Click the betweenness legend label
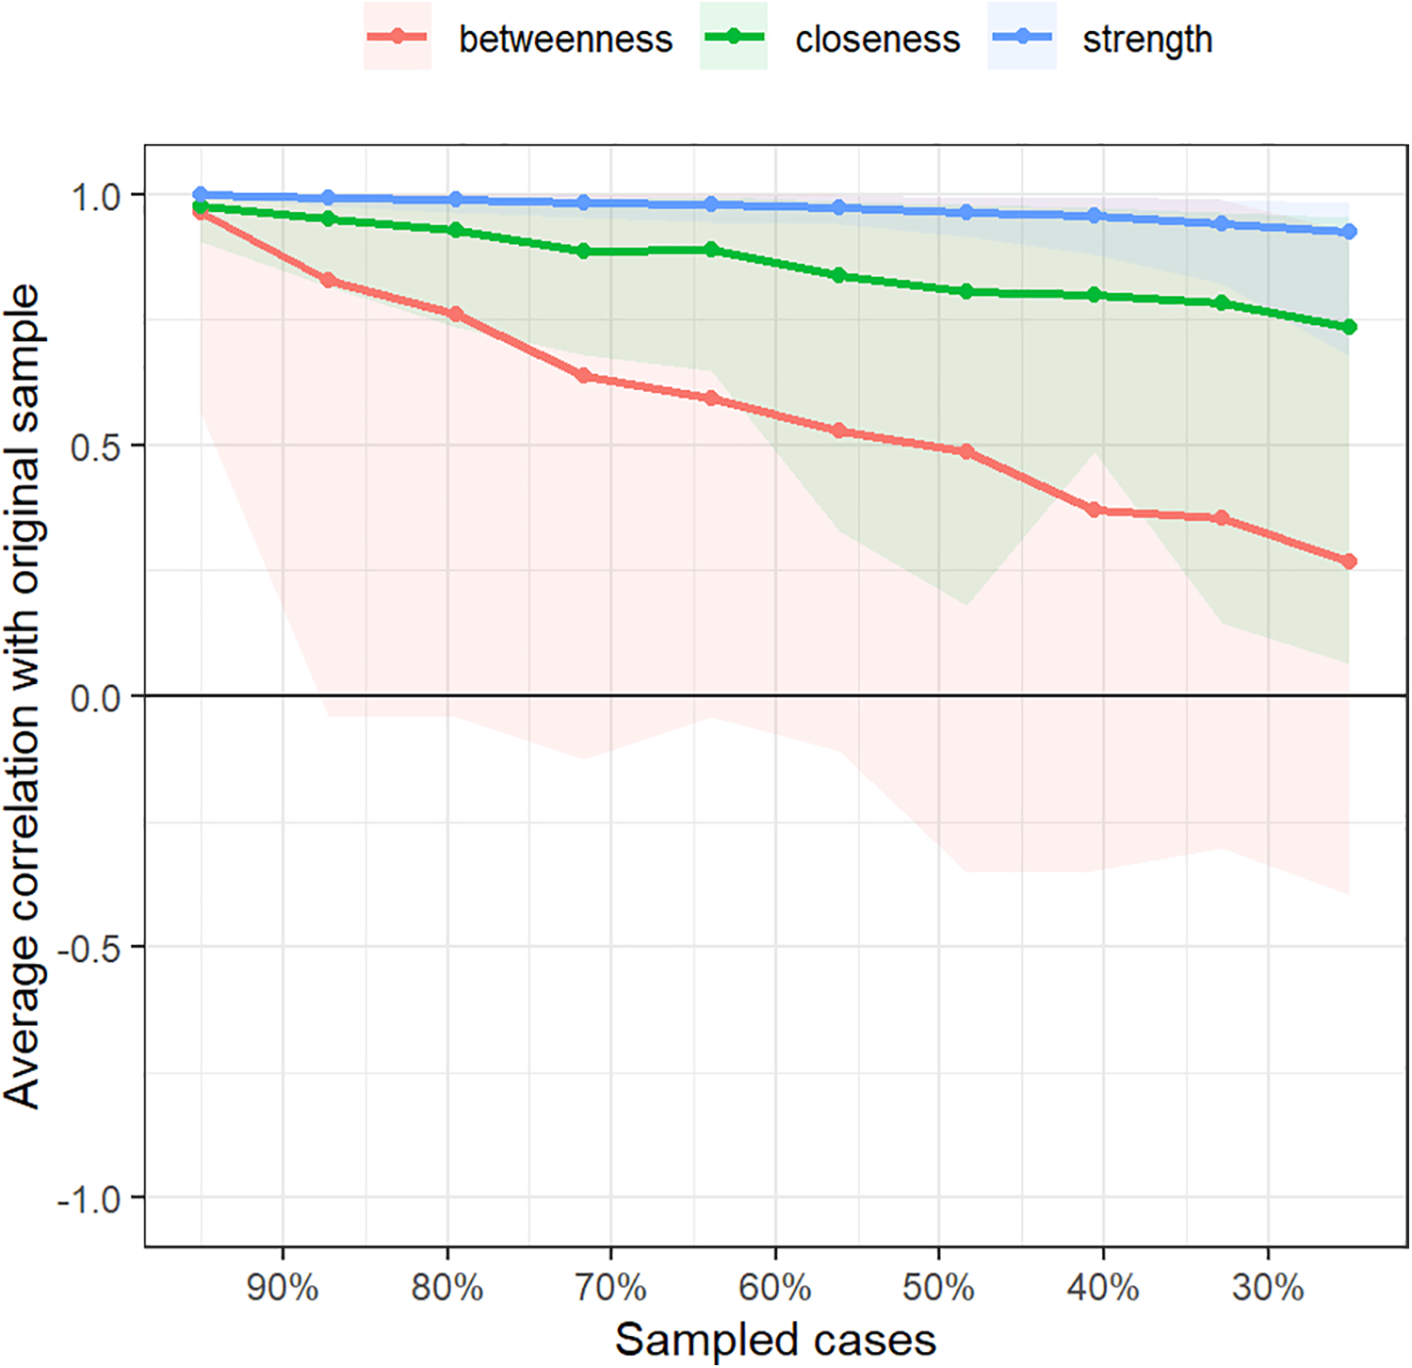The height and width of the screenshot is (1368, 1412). (565, 40)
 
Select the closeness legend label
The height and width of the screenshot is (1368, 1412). (877, 40)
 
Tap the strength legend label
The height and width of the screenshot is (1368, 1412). (1147, 40)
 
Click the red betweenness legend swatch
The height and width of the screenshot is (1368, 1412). (398, 37)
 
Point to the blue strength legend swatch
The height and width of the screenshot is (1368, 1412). (1022, 37)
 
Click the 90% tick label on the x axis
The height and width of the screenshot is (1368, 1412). (283, 1287)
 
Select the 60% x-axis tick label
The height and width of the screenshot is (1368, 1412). (775, 1287)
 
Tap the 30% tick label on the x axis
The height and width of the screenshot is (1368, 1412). (1268, 1287)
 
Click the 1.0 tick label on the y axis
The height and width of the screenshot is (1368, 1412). (96, 197)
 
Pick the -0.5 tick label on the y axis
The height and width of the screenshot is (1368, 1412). (89, 949)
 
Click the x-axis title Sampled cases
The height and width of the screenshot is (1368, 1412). (775, 1339)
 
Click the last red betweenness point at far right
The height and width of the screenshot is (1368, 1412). (1349, 562)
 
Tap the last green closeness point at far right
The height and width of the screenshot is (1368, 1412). (1349, 327)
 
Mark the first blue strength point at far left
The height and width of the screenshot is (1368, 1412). (200, 194)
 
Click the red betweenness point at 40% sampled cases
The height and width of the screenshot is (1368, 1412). (1095, 510)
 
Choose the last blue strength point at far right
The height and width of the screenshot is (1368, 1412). (1349, 232)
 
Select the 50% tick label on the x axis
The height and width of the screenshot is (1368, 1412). (939, 1287)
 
